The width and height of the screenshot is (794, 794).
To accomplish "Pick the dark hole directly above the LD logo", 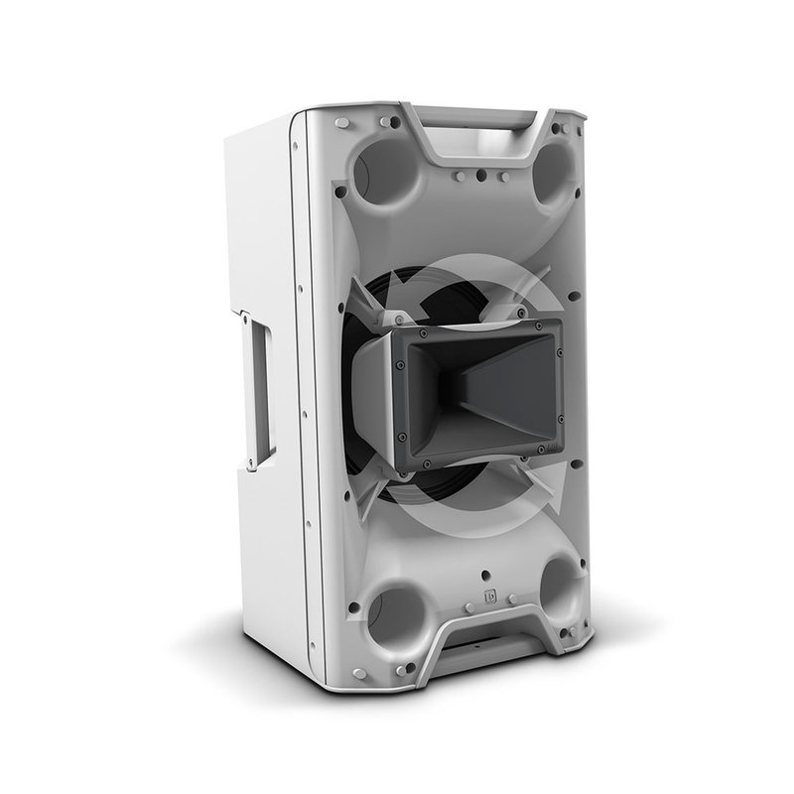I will [486, 575].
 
